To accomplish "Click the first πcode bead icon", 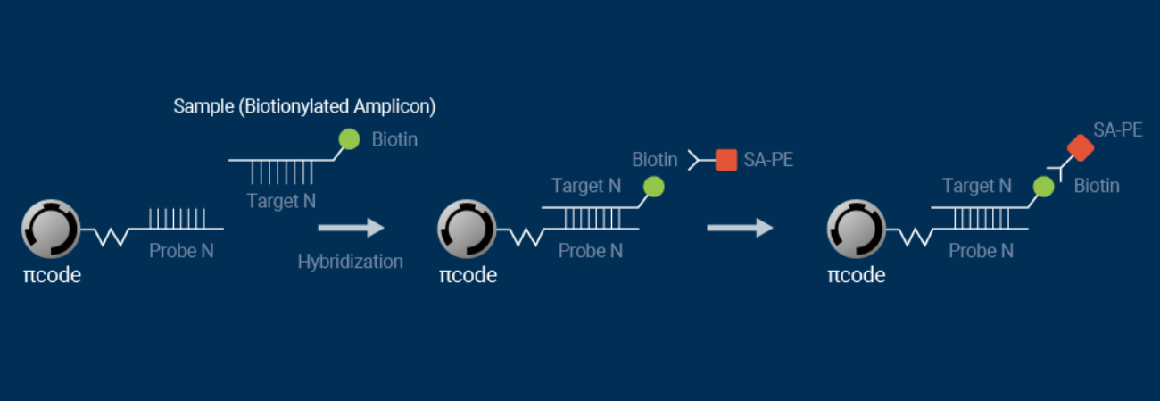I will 51,228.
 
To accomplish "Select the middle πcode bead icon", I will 467,228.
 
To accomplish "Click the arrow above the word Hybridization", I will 350,228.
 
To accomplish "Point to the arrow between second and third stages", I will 739,228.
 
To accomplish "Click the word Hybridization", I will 350,262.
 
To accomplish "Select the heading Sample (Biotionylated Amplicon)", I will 304,107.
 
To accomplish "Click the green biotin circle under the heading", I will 349,139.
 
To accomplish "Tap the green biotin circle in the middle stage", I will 654,187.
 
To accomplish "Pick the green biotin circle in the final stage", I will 1043,187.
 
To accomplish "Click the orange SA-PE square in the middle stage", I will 725,160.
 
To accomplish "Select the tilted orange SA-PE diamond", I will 1081,147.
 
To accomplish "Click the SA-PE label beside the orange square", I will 768,161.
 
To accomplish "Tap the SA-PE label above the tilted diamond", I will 1117,130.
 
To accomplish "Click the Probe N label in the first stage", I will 181,251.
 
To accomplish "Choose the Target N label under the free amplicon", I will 281,201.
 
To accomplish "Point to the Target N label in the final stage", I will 976,186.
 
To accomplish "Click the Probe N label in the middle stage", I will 590,251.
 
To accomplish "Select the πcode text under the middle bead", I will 468,275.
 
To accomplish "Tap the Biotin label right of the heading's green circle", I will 394,140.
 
